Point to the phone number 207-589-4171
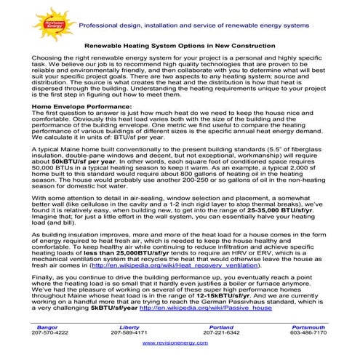(x=129, y=332)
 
